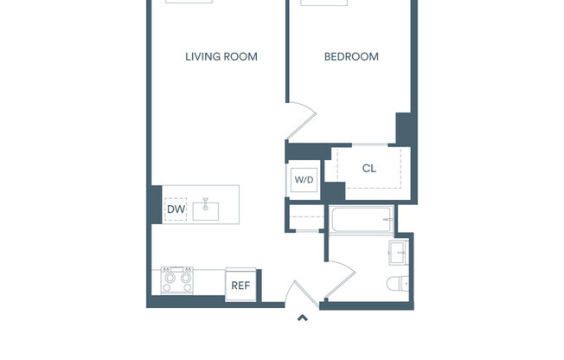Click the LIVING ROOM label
click(221, 57)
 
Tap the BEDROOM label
click(351, 57)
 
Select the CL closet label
click(369, 169)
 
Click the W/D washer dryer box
click(304, 179)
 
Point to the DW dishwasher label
click(176, 209)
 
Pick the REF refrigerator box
click(240, 285)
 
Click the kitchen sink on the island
click(206, 209)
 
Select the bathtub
click(362, 220)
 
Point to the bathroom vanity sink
click(399, 254)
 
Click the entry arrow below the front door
click(303, 318)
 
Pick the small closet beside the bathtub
click(306, 218)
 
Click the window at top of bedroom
click(324, 3)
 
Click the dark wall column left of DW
click(156, 205)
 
